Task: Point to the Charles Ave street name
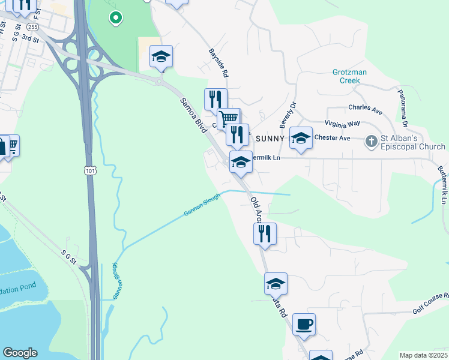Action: click(365, 110)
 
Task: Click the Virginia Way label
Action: click(342, 123)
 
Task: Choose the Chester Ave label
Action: click(332, 138)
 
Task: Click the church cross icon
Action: click(372, 142)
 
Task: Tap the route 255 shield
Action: click(33, 27)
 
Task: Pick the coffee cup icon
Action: click(304, 324)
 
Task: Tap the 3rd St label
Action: click(29, 37)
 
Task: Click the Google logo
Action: click(20, 353)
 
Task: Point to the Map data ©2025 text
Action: click(423, 355)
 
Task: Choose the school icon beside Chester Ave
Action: click(301, 138)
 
